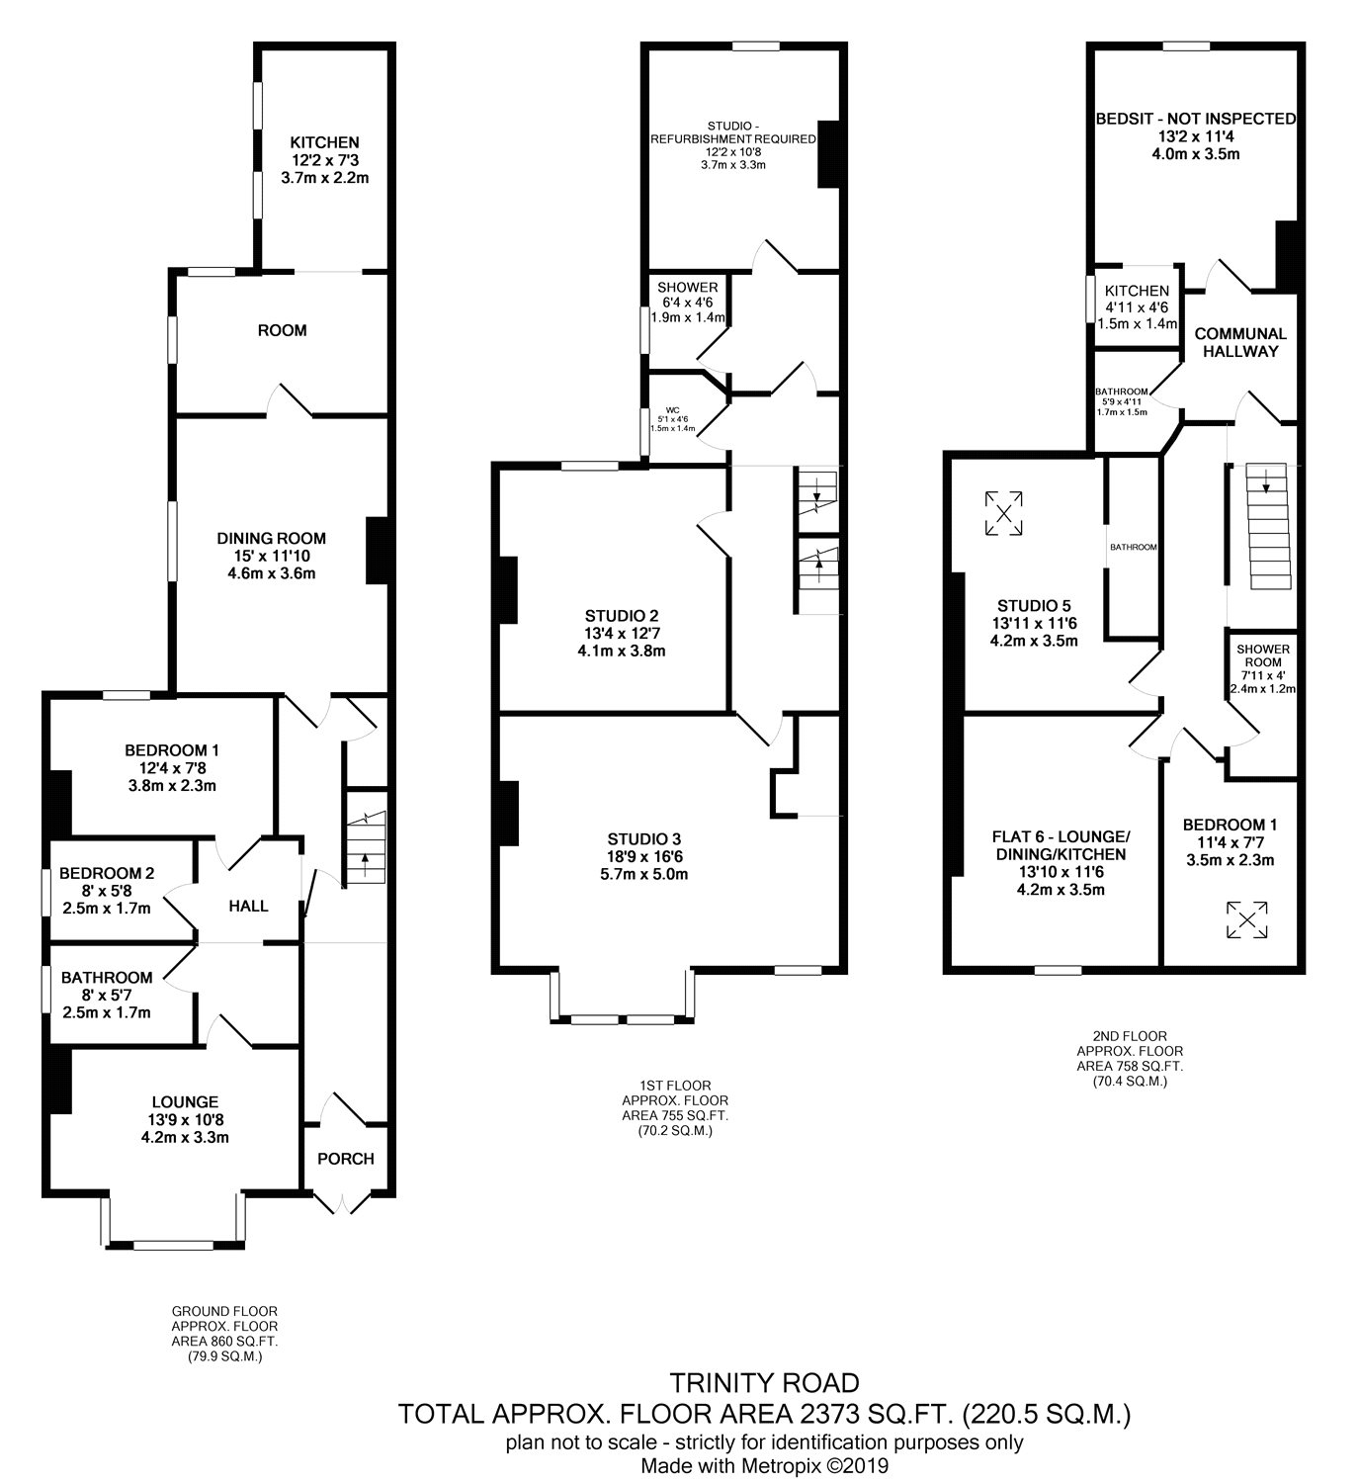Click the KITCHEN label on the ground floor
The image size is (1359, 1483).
click(324, 142)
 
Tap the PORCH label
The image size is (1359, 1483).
click(345, 1159)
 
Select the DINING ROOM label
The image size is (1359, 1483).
click(272, 538)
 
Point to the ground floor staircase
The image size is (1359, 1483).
click(366, 846)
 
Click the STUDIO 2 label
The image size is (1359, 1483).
click(621, 616)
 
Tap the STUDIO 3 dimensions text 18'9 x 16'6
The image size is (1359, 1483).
click(643, 857)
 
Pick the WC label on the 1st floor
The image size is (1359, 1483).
click(672, 409)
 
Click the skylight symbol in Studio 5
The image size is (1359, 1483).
click(1003, 513)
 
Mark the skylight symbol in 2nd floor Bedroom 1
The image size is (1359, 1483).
click(1246, 919)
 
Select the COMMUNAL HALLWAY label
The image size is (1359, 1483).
click(1240, 342)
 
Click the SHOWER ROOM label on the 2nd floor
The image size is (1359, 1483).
click(1263, 655)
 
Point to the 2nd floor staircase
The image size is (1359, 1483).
click(1269, 526)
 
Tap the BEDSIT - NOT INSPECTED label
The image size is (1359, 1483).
click(1196, 119)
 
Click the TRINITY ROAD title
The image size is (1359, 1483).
click(765, 1382)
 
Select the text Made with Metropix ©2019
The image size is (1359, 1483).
click(765, 1465)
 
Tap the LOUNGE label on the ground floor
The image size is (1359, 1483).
click(185, 1101)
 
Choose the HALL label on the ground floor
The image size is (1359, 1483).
click(248, 907)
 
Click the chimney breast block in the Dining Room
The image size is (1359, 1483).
click(378, 551)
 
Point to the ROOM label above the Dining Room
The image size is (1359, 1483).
click(282, 330)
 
